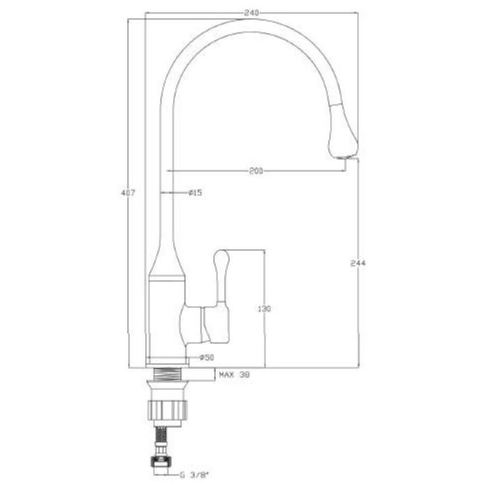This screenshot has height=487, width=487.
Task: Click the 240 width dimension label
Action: (252, 13)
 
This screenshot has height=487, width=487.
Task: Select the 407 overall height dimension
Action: (128, 193)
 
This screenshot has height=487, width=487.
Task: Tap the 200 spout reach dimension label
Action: (256, 171)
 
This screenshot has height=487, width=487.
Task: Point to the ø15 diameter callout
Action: (195, 193)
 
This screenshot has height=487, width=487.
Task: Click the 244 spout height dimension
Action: (358, 263)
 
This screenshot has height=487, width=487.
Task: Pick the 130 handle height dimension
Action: (264, 309)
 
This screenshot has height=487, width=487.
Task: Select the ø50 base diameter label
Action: (207, 358)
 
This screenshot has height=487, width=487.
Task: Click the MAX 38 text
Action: (234, 375)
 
